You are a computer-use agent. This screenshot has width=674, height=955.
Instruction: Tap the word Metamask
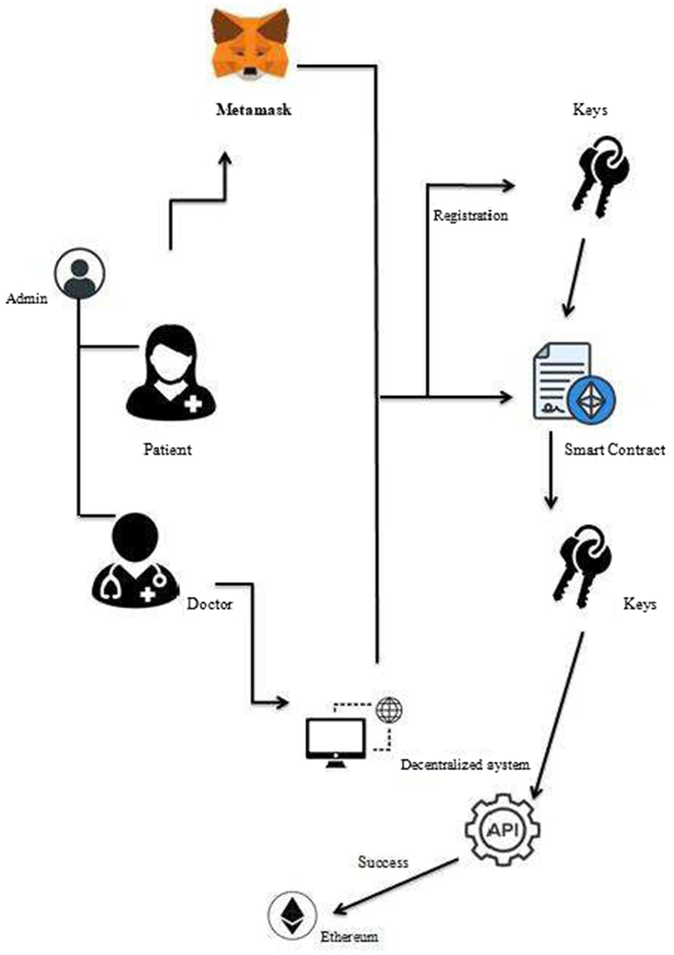click(253, 110)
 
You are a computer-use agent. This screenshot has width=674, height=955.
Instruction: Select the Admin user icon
click(80, 274)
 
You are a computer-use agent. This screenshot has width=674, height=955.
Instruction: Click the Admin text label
click(27, 299)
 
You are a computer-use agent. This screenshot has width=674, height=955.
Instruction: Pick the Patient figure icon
click(171, 373)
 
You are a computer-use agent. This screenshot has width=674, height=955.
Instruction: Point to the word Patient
click(167, 450)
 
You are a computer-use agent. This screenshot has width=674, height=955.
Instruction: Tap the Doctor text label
click(210, 604)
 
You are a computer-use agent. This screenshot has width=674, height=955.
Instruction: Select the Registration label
click(470, 216)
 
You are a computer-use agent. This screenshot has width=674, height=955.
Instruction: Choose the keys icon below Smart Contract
click(582, 566)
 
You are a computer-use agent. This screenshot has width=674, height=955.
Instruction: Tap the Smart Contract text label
click(614, 450)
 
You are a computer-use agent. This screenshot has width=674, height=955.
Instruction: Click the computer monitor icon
click(336, 743)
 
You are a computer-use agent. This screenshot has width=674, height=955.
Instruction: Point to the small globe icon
click(389, 710)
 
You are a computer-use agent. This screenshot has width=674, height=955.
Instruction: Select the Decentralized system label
click(465, 765)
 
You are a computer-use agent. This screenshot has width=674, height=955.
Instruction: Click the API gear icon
click(502, 830)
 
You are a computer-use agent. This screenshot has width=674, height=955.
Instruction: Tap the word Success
click(383, 862)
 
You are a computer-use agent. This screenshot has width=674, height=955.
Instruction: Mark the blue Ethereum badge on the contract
click(591, 399)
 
